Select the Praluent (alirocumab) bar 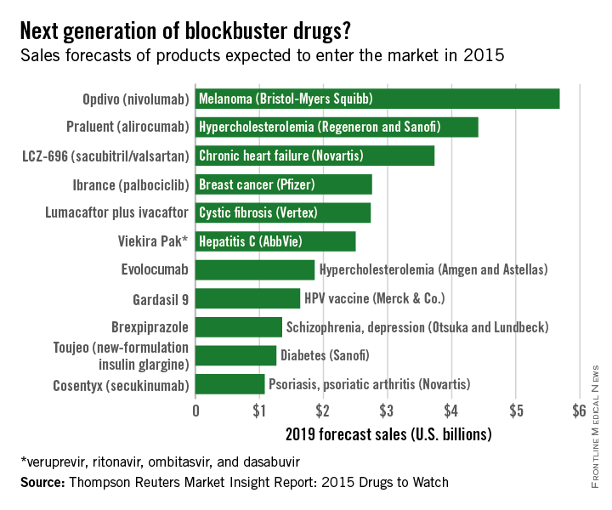tap(337, 127)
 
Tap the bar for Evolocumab tap(255, 270)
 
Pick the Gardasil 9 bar tap(247, 298)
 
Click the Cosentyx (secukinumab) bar tap(229, 384)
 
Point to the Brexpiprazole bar tap(239, 327)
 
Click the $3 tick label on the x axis tap(387, 411)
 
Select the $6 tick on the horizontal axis tap(579, 411)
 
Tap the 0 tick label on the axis tap(196, 411)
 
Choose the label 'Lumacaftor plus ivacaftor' tap(117, 213)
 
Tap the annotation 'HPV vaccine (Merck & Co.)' tap(374, 298)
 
